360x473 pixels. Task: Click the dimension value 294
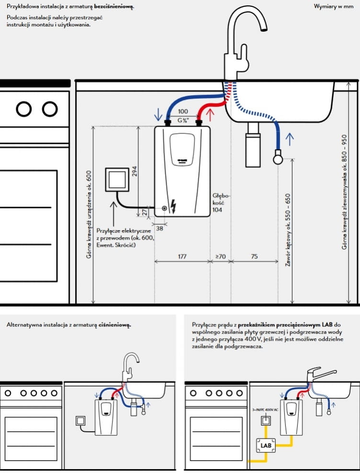click(x=135, y=172)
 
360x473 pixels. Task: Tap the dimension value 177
click(x=182, y=257)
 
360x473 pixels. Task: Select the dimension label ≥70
click(x=221, y=257)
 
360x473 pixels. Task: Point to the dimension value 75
click(x=254, y=257)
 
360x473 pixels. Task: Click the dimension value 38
click(x=159, y=229)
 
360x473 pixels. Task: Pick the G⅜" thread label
click(x=182, y=119)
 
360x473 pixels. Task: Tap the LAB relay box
click(x=266, y=446)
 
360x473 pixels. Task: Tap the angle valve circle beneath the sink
click(x=278, y=156)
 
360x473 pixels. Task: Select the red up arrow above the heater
click(x=209, y=115)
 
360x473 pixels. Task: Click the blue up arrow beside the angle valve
click(x=289, y=139)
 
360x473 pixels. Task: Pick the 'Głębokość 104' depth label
click(x=222, y=203)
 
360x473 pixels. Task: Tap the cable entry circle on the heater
click(x=165, y=208)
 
